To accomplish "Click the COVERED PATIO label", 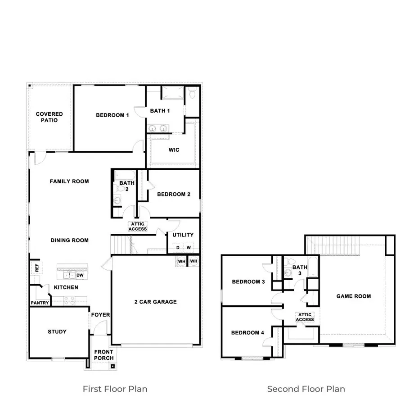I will coord(49,117).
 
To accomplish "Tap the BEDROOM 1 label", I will coord(112,115).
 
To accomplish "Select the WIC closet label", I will coord(174,150).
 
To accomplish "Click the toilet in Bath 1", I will coord(192,94).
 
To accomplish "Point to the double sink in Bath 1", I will coord(158,129).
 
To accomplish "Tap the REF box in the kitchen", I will coord(35,268).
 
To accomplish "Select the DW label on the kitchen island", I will coord(80,275).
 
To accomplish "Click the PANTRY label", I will coord(40,303).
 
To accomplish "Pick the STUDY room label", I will coord(57,332).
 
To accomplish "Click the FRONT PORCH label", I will coord(104,355).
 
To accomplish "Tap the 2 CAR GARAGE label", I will coord(155,302).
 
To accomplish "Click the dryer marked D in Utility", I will coord(178,248).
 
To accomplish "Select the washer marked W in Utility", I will coord(189,248).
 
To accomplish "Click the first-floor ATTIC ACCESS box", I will coord(138,226).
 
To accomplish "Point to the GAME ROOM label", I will coord(354,296).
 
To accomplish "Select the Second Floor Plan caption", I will coord(306,389).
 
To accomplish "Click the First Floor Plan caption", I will coord(115,389).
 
